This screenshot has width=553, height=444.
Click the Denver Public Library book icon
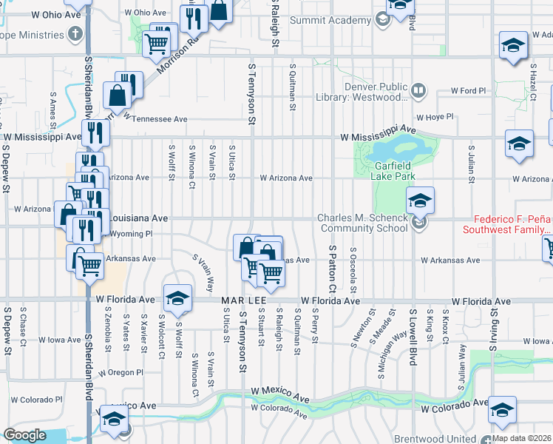(x=418, y=91)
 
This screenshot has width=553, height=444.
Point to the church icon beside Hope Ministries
(x=75, y=35)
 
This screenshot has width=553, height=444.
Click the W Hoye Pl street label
(x=434, y=117)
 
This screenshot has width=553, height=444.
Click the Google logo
(x=24, y=435)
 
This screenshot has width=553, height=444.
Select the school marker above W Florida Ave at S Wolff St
(x=177, y=298)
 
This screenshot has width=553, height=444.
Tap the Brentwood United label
(x=438, y=438)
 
